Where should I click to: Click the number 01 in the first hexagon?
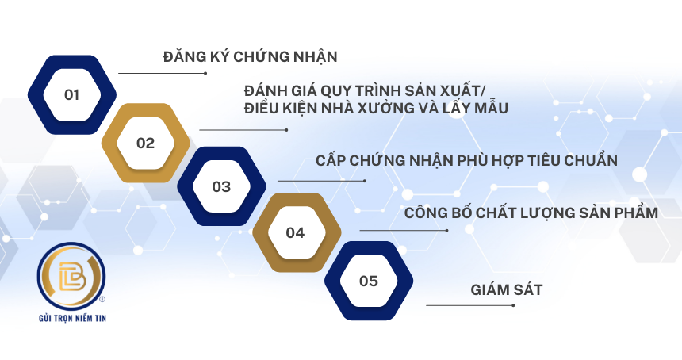71,95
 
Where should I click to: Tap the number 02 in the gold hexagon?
145,143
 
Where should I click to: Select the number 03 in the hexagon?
221,187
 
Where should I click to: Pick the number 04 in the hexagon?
295,233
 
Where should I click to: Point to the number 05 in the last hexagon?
369,281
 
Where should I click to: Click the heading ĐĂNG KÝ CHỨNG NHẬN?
250,56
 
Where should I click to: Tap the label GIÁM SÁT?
507,289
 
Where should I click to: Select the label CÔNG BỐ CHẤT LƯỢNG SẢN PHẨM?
531,213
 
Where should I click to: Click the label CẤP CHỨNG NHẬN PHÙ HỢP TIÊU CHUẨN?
466,160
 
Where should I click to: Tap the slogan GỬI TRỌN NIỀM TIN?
73,318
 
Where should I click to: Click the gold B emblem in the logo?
71,276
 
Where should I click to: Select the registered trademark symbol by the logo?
102,299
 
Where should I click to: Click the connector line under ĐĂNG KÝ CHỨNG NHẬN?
163,73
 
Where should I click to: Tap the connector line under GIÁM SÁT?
470,305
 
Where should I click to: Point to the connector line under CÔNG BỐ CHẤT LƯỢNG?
404,231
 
